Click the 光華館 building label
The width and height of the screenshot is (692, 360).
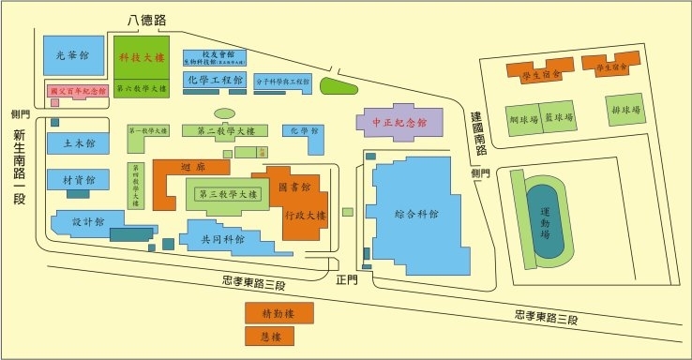click(72, 55)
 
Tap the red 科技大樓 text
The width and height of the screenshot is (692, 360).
click(141, 57)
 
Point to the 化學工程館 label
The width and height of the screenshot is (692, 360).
click(215, 80)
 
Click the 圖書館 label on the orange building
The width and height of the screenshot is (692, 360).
click(294, 187)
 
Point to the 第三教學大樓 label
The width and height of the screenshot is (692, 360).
click(226, 194)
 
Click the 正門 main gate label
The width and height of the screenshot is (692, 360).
click(348, 278)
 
